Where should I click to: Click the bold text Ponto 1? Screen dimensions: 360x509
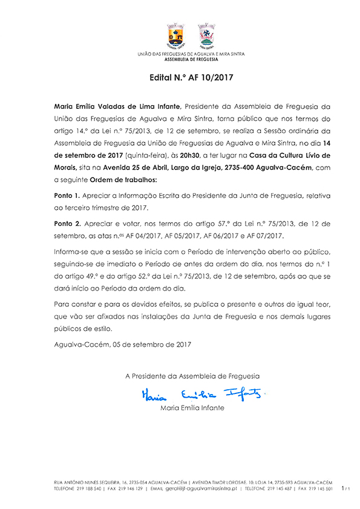coord(67,197)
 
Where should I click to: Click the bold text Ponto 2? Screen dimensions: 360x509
coord(67,223)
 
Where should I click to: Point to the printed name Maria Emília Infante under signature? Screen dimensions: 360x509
coord(192,408)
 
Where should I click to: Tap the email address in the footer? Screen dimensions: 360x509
coord(203,487)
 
